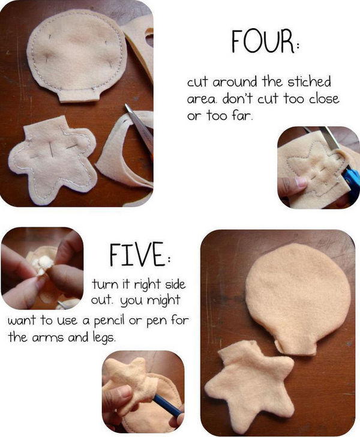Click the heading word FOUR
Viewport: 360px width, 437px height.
[x=263, y=42]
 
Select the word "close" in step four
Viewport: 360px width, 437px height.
[x=324, y=98]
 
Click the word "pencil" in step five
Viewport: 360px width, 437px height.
[x=109, y=322]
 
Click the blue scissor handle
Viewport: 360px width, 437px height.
[x=352, y=182]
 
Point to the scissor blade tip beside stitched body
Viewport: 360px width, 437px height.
[x=126, y=106]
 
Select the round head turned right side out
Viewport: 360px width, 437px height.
[x=298, y=299]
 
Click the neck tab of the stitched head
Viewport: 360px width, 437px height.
[x=79, y=95]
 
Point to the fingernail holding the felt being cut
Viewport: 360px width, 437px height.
[x=301, y=182]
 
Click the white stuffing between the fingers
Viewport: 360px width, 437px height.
[x=43, y=264]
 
